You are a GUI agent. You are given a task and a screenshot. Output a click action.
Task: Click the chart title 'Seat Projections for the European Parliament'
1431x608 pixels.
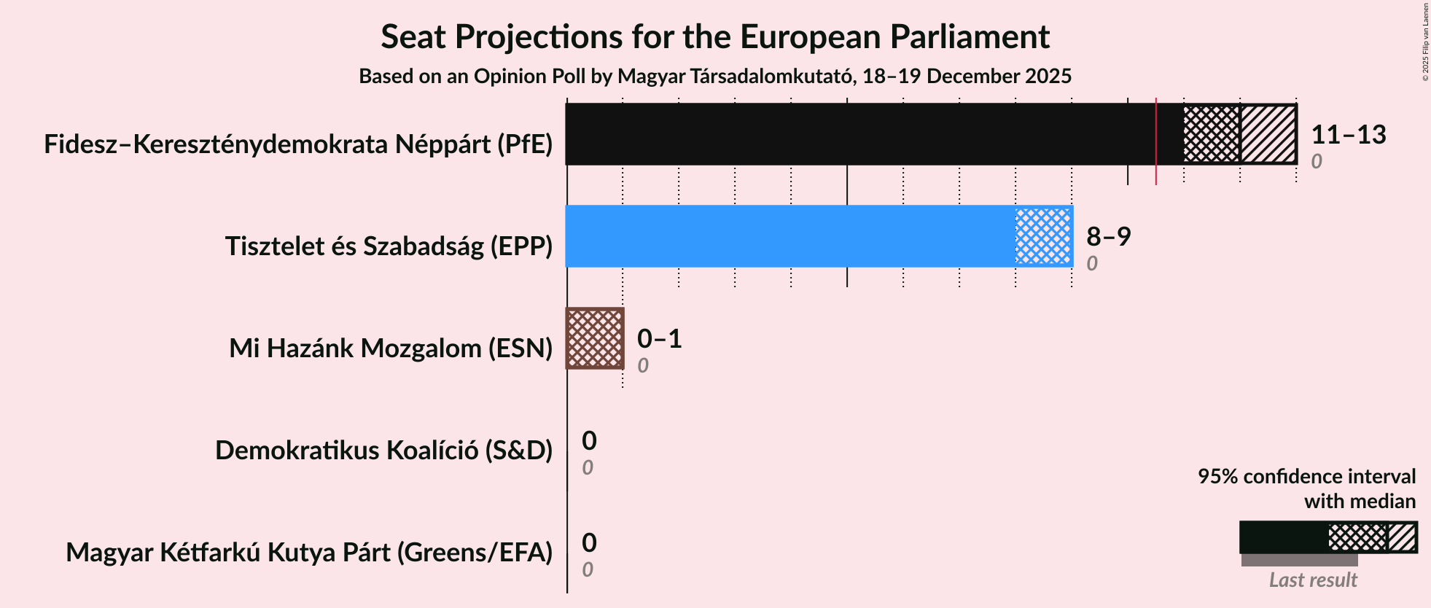[714, 36]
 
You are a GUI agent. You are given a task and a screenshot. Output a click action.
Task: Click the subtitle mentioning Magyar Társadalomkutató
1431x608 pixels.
[714, 77]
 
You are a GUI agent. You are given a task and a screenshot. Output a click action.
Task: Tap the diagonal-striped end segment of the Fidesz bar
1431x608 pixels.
[1268, 134]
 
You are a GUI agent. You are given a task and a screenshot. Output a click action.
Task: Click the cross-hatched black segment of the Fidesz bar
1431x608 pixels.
[1212, 134]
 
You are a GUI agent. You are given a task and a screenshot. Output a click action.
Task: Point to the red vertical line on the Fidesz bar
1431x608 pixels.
[1156, 139]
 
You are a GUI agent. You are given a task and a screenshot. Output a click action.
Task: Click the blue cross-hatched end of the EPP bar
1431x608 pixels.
[1043, 236]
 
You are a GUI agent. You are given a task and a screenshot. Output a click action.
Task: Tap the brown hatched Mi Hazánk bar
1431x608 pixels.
[595, 338]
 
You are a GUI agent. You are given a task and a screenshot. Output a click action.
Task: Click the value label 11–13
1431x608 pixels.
[1348, 135]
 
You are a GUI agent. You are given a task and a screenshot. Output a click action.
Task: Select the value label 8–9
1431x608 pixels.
[1108, 237]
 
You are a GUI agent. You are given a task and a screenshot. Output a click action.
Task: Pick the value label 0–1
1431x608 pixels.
[659, 339]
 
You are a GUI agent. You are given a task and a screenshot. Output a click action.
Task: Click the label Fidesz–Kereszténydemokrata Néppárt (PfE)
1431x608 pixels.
[298, 144]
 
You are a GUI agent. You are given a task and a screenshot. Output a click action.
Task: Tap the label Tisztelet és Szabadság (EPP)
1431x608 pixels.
[389, 246]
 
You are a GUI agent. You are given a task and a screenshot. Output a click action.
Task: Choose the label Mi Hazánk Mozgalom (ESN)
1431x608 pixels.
[391, 348]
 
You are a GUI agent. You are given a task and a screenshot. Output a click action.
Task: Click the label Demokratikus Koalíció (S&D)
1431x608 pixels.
[383, 451]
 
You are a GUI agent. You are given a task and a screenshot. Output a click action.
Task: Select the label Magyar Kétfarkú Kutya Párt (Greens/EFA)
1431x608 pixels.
[309, 553]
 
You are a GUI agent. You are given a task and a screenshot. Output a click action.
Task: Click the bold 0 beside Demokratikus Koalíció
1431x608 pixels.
[589, 441]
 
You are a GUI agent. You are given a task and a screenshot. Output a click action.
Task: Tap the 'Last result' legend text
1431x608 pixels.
[1312, 580]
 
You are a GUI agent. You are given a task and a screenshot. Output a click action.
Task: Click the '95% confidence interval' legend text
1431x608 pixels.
[1306, 477]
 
